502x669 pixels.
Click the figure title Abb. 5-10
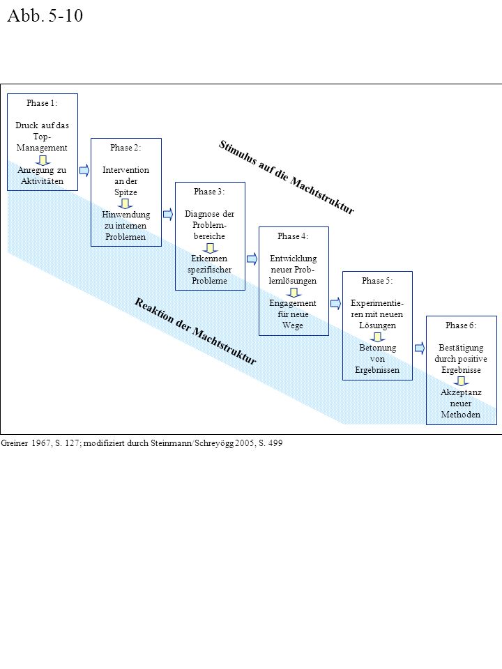(45, 15)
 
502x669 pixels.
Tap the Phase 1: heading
(42, 103)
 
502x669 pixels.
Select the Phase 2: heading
(125, 147)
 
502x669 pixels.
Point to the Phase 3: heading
(209, 192)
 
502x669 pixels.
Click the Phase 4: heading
(293, 236)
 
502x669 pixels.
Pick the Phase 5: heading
(377, 280)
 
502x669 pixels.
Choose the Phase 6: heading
(461, 325)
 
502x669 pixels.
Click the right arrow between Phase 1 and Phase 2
(84, 170)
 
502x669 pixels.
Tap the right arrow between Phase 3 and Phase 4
(252, 259)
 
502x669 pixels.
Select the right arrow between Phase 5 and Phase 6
(420, 348)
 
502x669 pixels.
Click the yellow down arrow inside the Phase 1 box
(43, 160)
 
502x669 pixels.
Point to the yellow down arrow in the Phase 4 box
(294, 293)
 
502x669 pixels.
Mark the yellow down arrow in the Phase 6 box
(462, 381)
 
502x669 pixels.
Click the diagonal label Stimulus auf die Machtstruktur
(287, 177)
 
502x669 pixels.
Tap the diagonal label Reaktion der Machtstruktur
(195, 331)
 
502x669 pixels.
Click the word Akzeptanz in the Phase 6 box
(461, 392)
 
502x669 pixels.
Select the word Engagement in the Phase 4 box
(293, 303)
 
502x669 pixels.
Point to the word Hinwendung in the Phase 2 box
(126, 214)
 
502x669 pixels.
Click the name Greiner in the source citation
(15, 443)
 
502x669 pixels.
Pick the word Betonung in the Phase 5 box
(377, 348)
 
